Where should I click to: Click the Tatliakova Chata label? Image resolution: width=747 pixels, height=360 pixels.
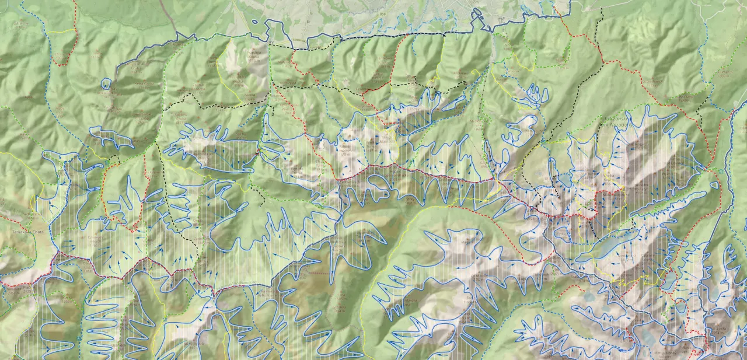point(24,231)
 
